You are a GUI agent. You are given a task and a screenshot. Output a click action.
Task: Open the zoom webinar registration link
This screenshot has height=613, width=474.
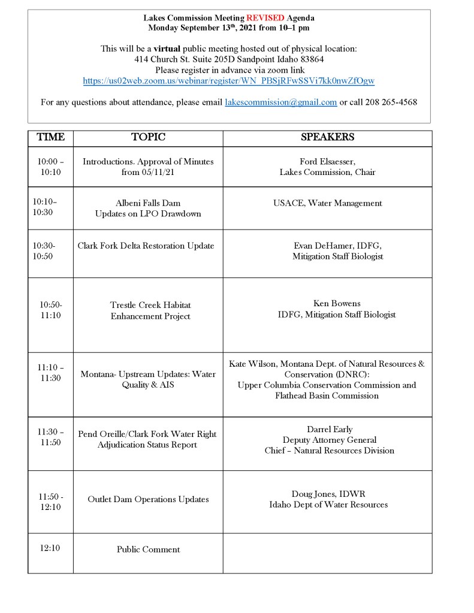[x=229, y=80]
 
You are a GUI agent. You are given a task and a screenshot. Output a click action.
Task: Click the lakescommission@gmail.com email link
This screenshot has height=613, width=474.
[x=280, y=102]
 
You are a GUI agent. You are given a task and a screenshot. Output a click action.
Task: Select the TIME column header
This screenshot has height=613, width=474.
[x=50, y=138]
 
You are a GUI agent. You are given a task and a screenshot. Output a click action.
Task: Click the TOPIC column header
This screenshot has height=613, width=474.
[x=148, y=138]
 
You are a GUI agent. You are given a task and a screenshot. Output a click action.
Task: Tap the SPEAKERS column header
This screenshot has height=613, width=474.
[x=327, y=138]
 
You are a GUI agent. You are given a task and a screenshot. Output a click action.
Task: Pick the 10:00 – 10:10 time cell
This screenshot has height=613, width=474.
[x=50, y=167]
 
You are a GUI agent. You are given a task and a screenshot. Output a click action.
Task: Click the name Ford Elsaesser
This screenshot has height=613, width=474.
[x=327, y=162]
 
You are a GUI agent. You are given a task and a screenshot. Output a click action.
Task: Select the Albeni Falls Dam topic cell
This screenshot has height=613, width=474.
[x=148, y=208]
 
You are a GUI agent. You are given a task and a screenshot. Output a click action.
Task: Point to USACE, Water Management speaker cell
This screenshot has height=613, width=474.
[x=327, y=203]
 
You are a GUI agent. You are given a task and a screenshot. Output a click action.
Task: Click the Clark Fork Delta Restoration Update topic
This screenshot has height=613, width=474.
[x=146, y=246]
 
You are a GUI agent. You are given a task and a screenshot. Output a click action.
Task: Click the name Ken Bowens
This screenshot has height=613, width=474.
[x=336, y=304]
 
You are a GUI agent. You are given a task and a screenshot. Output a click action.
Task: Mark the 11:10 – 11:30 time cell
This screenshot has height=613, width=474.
[x=50, y=373]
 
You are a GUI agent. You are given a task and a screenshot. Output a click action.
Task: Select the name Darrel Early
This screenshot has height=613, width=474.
[x=329, y=429]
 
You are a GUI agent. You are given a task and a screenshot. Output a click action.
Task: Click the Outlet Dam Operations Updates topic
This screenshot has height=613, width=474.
[x=148, y=499]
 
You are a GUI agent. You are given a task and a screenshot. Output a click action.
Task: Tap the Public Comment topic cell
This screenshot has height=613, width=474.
[x=148, y=549]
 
